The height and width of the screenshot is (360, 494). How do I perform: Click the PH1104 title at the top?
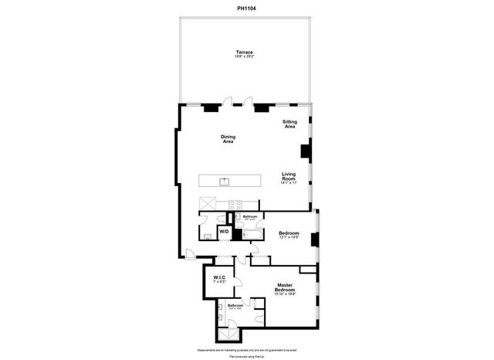coord(247,8)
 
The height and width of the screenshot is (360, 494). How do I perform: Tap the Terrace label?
coord(245,52)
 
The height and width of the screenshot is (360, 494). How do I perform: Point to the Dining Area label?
coord(228,139)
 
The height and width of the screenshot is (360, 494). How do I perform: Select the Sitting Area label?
coord(289,124)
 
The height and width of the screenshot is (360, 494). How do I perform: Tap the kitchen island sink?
coord(225,182)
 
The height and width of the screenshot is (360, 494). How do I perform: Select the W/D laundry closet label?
coord(224,231)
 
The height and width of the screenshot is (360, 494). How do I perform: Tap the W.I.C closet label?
coord(218,279)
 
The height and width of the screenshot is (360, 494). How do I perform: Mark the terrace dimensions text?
coord(245,56)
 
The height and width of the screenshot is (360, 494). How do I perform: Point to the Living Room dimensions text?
coord(289,182)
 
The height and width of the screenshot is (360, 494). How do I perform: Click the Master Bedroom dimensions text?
coord(286,295)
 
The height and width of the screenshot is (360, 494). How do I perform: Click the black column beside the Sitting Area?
coord(306,151)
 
